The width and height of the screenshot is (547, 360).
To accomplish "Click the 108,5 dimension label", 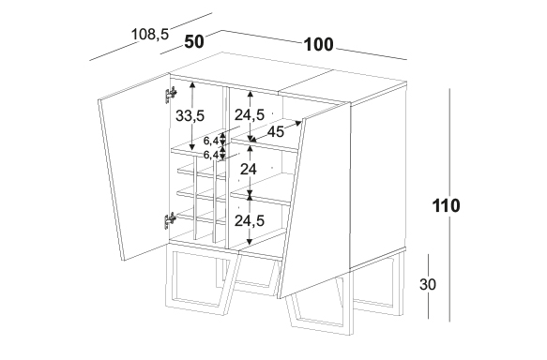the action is (150, 34).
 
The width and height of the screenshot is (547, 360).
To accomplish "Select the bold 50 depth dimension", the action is (194, 42).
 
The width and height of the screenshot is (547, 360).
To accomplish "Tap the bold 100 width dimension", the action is (319, 45).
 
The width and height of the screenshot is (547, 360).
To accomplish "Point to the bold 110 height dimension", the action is (447, 205).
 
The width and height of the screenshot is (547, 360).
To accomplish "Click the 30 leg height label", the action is (428, 284).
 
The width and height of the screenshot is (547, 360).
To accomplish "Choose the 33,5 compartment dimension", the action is (190, 115).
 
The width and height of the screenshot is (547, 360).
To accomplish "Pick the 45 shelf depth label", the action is (276, 131).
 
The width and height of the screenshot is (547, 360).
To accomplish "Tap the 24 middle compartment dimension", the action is (249, 169).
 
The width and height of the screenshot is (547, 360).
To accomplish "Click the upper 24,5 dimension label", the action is (250, 114).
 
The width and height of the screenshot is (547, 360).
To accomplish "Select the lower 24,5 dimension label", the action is (250, 220).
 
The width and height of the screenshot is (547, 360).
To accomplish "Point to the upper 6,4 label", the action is (211, 141).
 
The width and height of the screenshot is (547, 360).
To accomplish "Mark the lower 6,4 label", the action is (211, 155).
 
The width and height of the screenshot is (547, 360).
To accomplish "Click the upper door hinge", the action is (170, 94).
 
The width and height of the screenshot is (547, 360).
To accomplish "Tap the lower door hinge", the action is (170, 220).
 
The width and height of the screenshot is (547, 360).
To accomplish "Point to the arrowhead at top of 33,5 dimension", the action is (192, 84).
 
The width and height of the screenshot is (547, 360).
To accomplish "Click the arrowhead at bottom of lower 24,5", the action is (249, 241).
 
